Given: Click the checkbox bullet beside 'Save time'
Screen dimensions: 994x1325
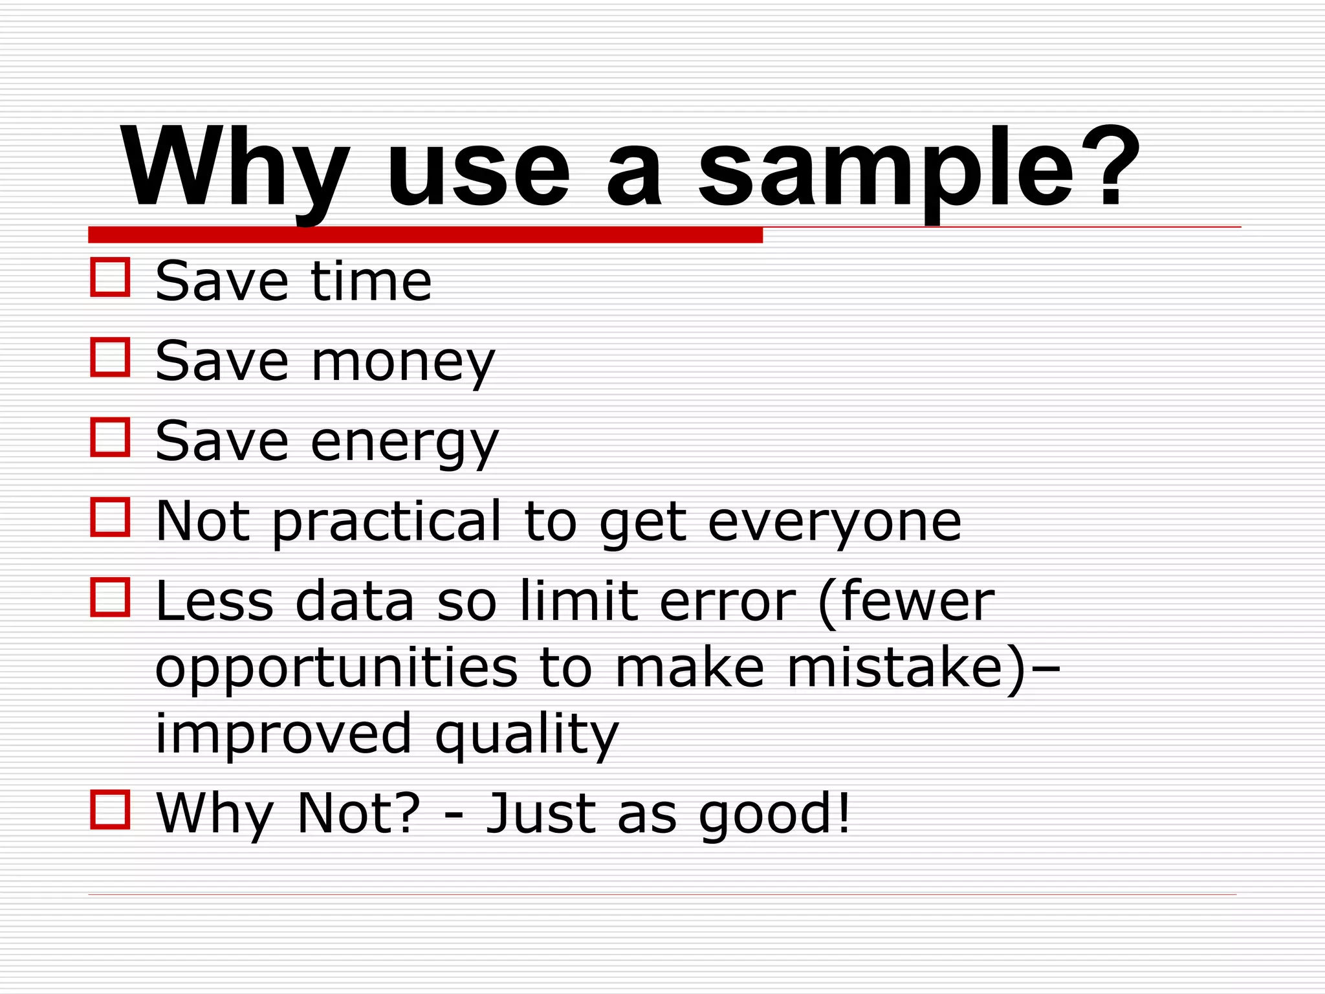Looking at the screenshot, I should tap(110, 277).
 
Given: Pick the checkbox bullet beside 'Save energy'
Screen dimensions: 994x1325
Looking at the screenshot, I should tap(110, 437).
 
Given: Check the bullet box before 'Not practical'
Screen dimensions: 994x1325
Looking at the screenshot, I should tap(110, 516).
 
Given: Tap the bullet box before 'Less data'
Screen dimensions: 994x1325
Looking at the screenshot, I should tap(110, 597).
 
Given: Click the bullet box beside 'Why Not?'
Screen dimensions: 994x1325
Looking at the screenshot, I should tap(110, 809).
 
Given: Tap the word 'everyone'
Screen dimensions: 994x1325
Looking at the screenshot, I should tap(834, 523).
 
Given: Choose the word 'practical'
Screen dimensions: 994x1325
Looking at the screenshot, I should tap(386, 523).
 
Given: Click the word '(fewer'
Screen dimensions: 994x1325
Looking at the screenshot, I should tap(906, 602).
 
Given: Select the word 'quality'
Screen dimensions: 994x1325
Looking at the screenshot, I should tap(527, 736).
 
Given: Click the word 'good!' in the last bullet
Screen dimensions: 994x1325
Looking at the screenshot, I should tap(774, 815).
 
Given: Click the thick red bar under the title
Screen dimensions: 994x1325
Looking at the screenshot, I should tap(425, 235).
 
